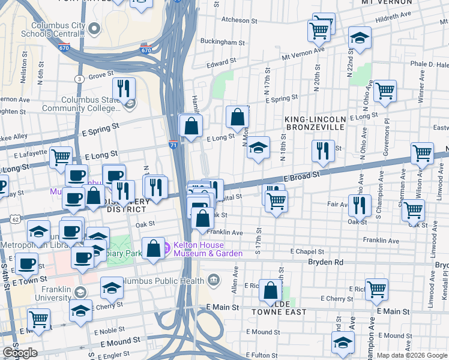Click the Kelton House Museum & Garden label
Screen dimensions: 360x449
coord(208,250)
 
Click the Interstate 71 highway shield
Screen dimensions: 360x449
coord(173,144)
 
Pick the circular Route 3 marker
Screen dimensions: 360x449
coord(79,79)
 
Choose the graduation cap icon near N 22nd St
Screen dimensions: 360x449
coord(360,38)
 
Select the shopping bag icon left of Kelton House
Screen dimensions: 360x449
coord(154,248)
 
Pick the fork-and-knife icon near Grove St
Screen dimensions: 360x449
coord(123,88)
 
